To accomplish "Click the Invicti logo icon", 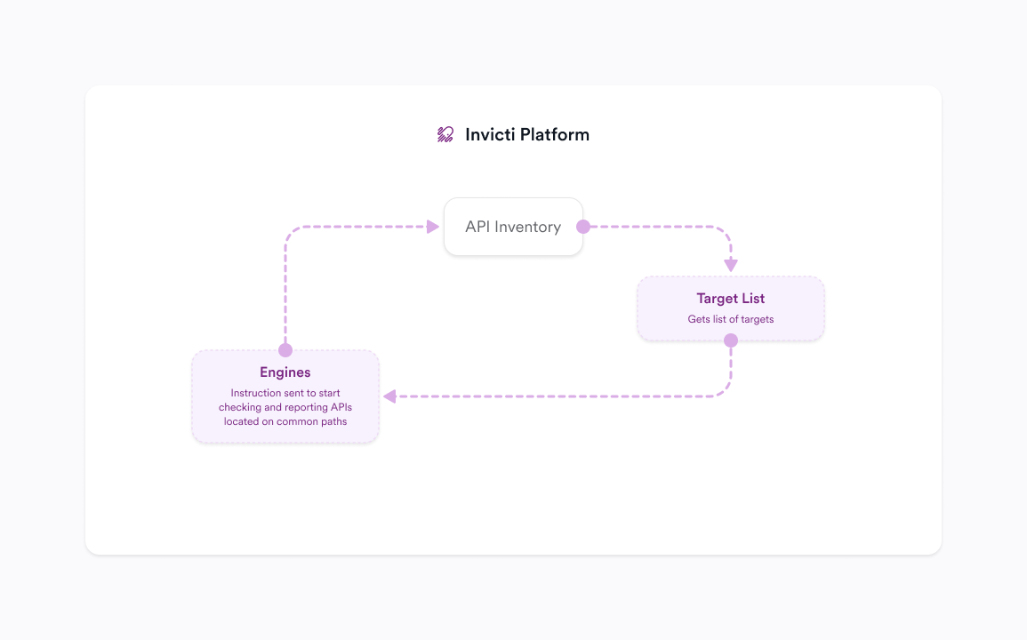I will pyautogui.click(x=445, y=134).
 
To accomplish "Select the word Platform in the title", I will pyautogui.click(x=554, y=134).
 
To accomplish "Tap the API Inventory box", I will pyautogui.click(x=513, y=227).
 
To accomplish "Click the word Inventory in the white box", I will pyautogui.click(x=527, y=227).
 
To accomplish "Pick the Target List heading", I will pyautogui.click(x=730, y=299).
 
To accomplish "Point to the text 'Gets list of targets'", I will pyautogui.click(x=730, y=319).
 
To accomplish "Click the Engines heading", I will pyautogui.click(x=285, y=372).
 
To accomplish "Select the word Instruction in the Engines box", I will pyautogui.click(x=255, y=393).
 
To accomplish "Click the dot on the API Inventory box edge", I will pyautogui.click(x=583, y=227).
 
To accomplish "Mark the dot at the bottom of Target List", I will pyautogui.click(x=731, y=340).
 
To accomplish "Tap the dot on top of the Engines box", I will pyautogui.click(x=285, y=350).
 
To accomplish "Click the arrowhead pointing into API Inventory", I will pyautogui.click(x=433, y=227).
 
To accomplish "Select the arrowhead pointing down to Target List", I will pyautogui.click(x=731, y=264).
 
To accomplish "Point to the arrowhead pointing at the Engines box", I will pyautogui.click(x=389, y=396).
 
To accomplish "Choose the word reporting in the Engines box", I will pyautogui.click(x=298, y=407).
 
